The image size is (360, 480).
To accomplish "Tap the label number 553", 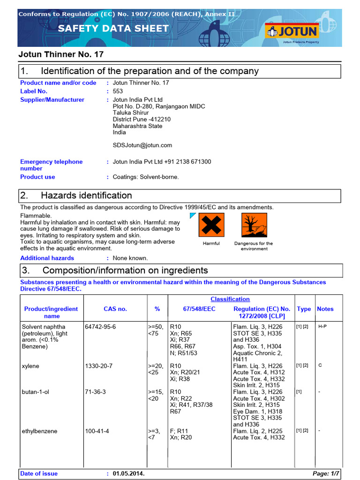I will coord(118,91).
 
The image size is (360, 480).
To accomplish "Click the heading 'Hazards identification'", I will coord(86,195).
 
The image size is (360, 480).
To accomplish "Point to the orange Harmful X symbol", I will coord(211,225).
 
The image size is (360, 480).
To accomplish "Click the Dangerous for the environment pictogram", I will coord(254,225).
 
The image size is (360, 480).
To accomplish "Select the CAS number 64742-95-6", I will coord(100,326).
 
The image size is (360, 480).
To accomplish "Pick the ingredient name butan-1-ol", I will coord(36,392).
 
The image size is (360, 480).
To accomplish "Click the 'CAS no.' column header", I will coord(115,309).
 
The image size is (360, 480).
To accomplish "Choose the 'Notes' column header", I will coord(325,309).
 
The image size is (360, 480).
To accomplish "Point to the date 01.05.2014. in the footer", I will coord(128,473).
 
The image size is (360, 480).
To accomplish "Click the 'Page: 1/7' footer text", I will coord(326,473).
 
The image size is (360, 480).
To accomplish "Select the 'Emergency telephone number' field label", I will coord(51,165).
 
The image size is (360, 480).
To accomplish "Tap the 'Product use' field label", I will coord(37,177).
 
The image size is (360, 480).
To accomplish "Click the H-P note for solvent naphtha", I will coord(322,326).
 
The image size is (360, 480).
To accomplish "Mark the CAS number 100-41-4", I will coord(97,431).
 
